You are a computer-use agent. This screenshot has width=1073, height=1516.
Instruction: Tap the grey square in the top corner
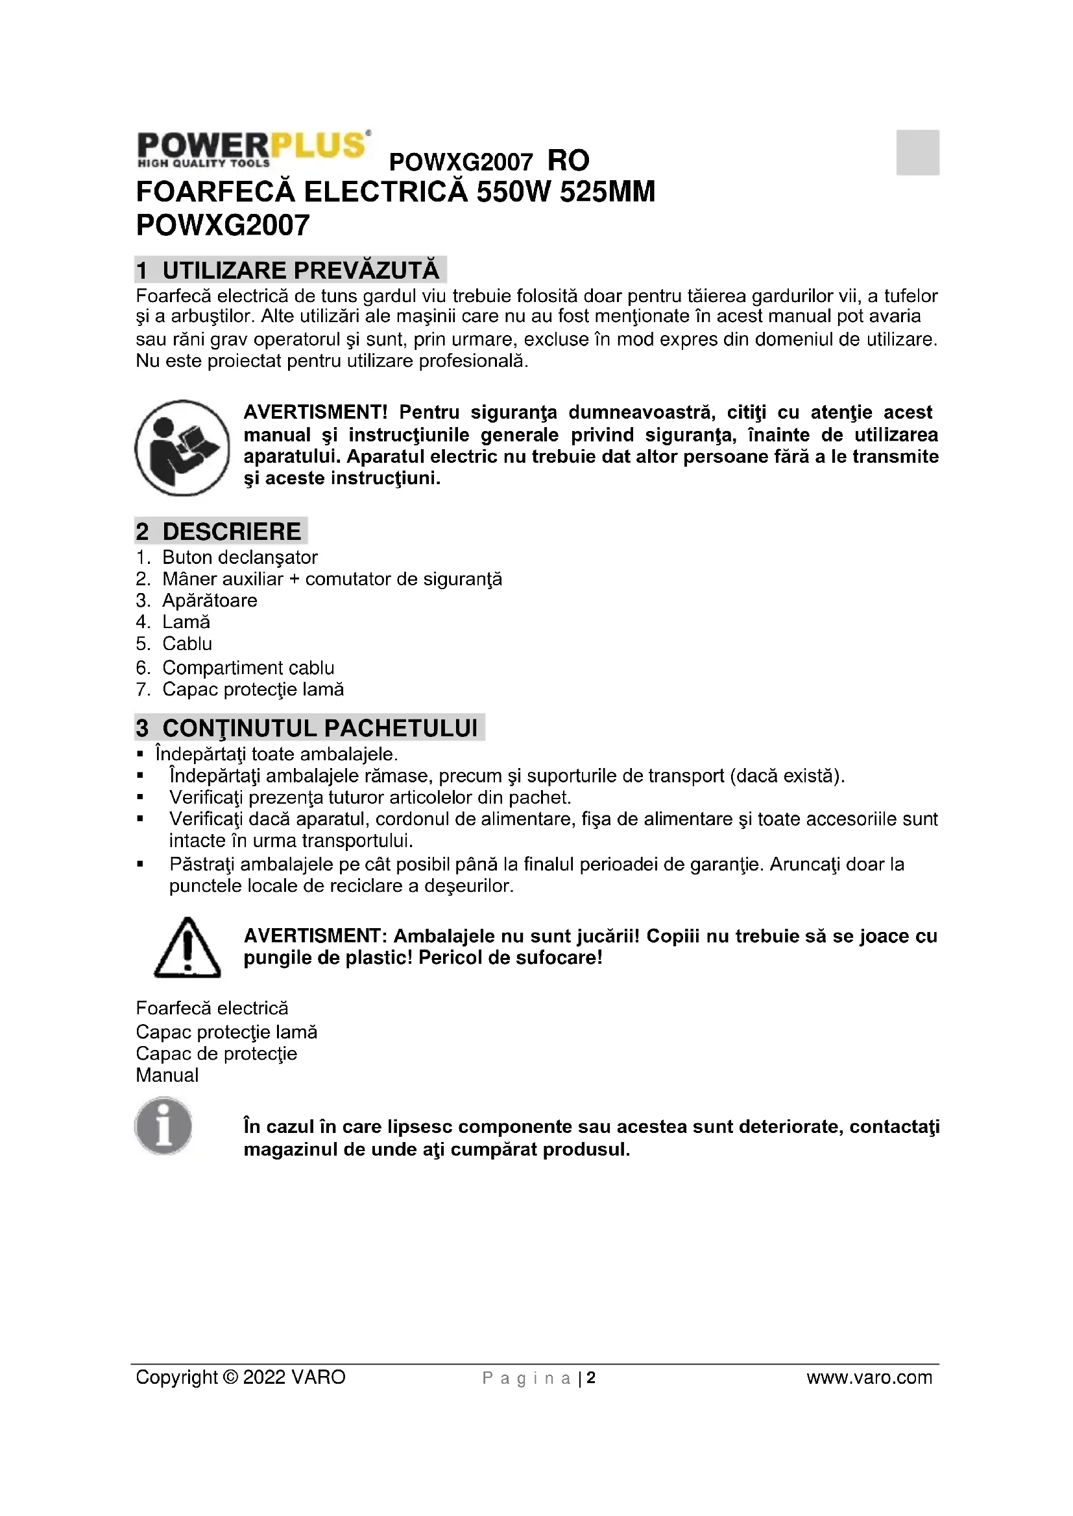tap(917, 152)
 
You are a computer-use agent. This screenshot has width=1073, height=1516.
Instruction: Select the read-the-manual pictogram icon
tap(182, 448)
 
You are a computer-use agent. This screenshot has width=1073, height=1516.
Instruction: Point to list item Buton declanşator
tap(239, 557)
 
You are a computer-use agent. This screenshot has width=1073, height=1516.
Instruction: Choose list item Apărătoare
tap(210, 600)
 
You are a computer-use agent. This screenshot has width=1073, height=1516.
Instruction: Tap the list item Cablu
tap(187, 644)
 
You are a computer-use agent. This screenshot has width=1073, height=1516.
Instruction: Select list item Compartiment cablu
tap(248, 668)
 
